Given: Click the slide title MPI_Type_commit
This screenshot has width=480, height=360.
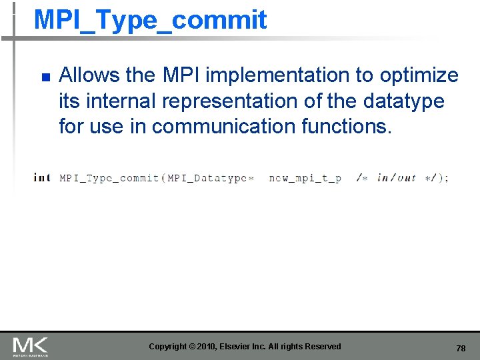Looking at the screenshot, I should (150, 20).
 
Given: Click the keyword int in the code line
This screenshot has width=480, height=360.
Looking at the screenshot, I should (42, 177).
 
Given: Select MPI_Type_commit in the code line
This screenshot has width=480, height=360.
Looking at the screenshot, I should (109, 177).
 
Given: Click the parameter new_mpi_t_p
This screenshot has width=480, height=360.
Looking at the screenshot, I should (305, 178).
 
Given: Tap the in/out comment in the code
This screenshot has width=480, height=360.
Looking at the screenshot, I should (396, 177).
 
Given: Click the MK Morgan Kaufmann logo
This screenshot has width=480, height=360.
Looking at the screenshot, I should (30, 346).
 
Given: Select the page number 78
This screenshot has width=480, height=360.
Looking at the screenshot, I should (461, 348).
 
